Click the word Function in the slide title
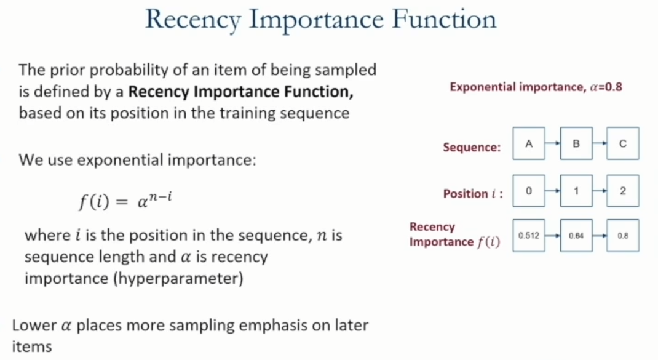pyautogui.click(x=444, y=19)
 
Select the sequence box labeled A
pyautogui.click(x=529, y=143)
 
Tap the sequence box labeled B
pyautogui.click(x=576, y=143)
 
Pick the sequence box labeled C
pyautogui.click(x=623, y=143)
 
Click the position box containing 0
pyautogui.click(x=529, y=191)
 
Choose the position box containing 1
pyautogui.click(x=576, y=191)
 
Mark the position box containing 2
pyautogui.click(x=623, y=191)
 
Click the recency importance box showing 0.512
pyautogui.click(x=529, y=236)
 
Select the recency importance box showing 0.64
pyautogui.click(x=576, y=236)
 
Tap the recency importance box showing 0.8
pyautogui.click(x=623, y=236)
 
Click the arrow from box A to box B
pyautogui.click(x=553, y=143)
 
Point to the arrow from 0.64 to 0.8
pyautogui.click(x=600, y=236)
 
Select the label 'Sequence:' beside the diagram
pyautogui.click(x=472, y=148)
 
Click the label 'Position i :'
pyautogui.click(x=473, y=194)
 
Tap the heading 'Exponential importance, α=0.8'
pyautogui.click(x=536, y=87)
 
